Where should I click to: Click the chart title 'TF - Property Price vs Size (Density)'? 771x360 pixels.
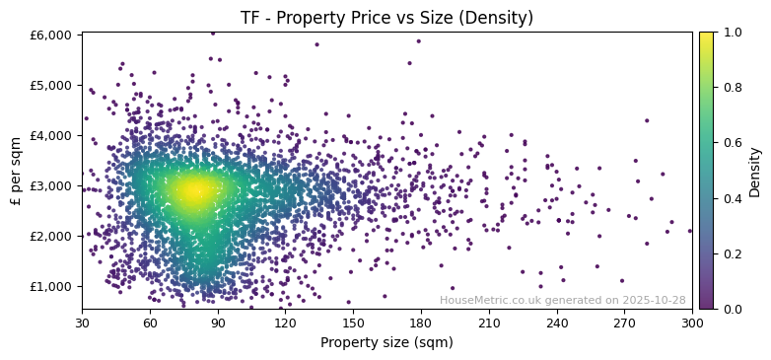(386, 18)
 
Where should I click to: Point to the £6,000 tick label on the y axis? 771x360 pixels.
(52, 35)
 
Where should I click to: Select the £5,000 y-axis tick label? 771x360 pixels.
(52, 85)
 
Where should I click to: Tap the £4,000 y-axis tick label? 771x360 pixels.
(52, 135)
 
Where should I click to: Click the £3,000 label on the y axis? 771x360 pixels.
(52, 185)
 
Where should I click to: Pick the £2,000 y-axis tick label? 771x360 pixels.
(52, 236)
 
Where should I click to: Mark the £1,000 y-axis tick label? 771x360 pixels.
(52, 286)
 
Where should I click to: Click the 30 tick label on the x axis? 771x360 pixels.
(82, 323)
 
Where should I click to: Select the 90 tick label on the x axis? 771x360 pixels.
(218, 323)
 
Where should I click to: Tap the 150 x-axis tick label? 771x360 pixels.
(353, 323)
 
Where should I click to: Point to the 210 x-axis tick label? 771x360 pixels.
(489, 323)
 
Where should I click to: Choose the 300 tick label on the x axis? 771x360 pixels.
(692, 323)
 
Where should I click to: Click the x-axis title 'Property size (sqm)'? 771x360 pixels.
(386, 342)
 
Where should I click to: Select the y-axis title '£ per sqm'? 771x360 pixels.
(16, 171)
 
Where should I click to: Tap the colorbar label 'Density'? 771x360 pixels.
(755, 171)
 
